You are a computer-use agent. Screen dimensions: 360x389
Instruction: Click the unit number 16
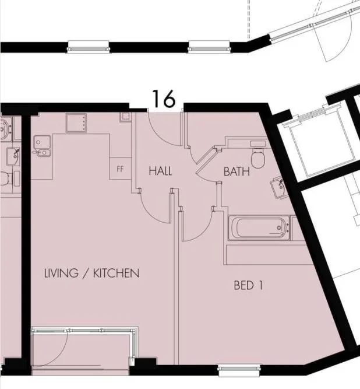pos(164,99)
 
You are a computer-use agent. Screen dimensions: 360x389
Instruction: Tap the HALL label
pos(160,171)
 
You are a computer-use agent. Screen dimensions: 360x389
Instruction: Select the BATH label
pos(237,171)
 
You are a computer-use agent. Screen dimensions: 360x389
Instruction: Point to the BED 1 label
pos(248,285)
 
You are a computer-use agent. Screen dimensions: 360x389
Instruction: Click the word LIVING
pos(61,273)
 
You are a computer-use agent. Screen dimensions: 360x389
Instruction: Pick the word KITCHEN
pos(116,273)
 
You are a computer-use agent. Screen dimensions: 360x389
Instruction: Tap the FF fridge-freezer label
pos(120,169)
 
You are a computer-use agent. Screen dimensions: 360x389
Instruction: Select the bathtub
pos(259,228)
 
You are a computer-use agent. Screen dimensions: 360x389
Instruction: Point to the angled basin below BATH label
pos(278,187)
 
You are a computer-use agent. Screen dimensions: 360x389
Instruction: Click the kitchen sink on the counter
pos(42,146)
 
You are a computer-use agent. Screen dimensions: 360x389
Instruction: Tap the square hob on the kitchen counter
pos(76,123)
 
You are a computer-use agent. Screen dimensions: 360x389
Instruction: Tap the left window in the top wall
pos(89,47)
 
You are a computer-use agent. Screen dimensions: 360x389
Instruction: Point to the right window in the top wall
pos(209,47)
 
